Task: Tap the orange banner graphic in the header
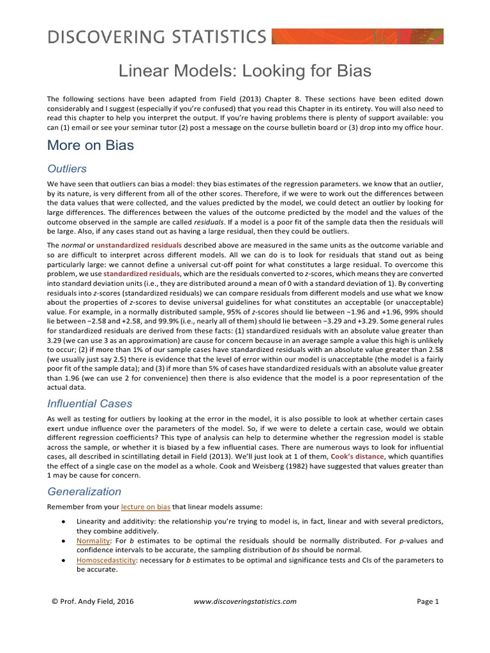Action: pos(357,36)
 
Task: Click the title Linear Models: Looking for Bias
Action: pos(245,71)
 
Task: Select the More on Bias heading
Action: pos(91,145)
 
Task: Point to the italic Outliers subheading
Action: pos(67,168)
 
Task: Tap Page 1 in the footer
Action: pos(427,601)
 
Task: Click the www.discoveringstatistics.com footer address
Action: pos(244,601)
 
